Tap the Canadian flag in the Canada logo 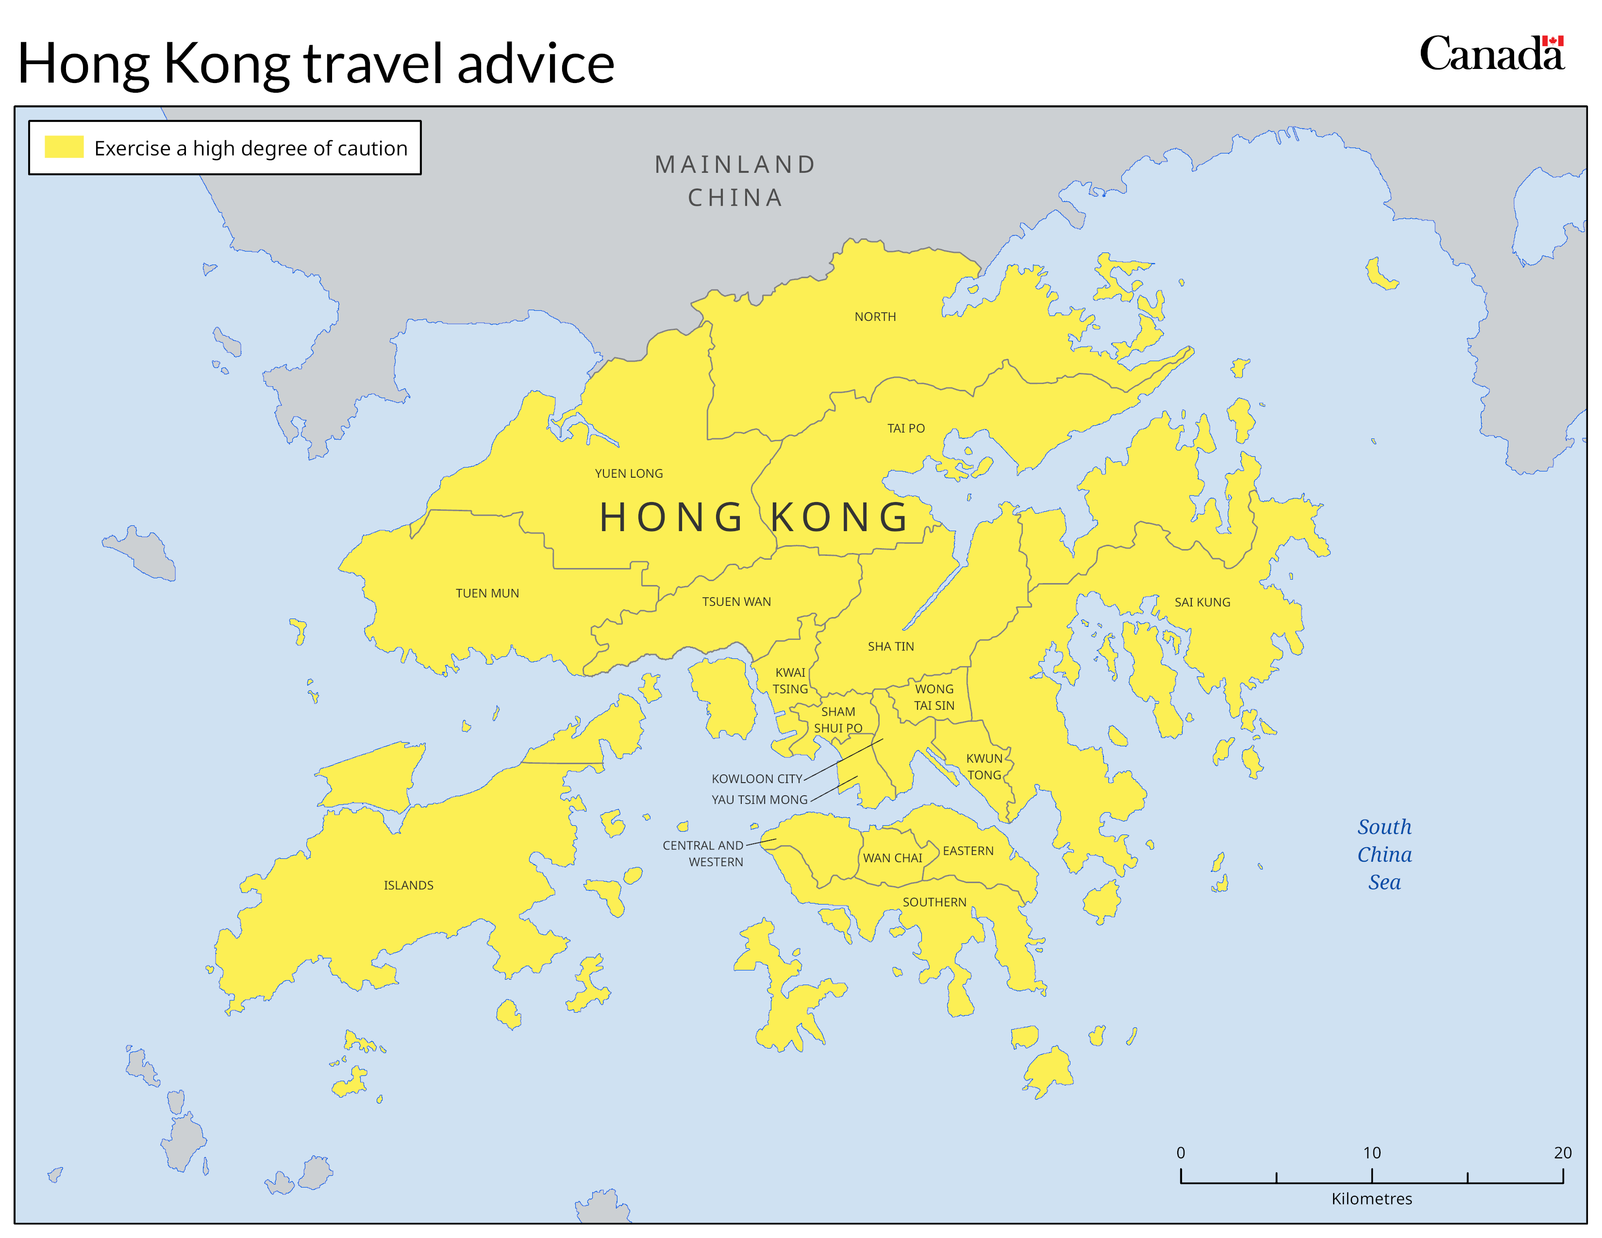[1552, 41]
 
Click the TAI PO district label [905, 428]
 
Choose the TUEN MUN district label [486, 593]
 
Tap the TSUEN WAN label [736, 602]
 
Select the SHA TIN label [890, 647]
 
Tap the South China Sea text [1384, 855]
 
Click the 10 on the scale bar [1371, 1153]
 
